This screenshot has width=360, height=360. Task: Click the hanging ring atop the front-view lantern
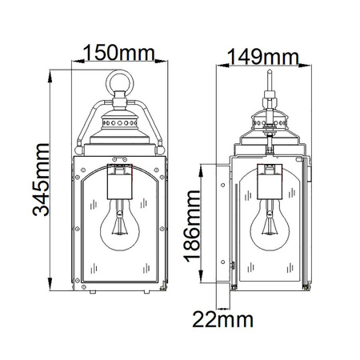point(120,83)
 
